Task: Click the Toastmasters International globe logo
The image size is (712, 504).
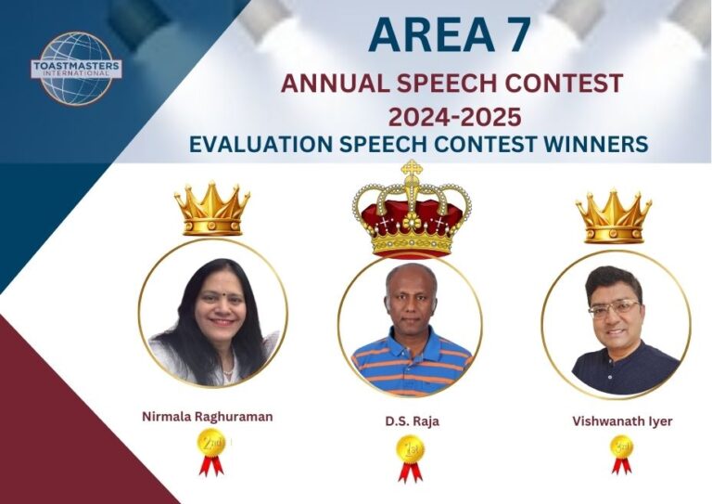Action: coord(76,68)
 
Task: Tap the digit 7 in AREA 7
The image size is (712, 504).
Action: coord(515,35)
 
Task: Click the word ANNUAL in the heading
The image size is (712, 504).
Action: coord(335,84)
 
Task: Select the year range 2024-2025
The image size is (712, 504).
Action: coord(454,117)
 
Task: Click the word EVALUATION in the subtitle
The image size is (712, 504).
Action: coord(261,144)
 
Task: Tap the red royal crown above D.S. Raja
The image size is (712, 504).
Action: coord(412,210)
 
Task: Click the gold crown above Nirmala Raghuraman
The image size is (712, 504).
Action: coord(212,208)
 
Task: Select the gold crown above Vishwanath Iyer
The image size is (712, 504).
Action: coord(614,216)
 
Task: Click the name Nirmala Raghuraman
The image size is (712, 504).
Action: coord(208,417)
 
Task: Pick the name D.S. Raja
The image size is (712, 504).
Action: coord(413,421)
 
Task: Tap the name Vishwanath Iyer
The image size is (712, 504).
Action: coord(622,421)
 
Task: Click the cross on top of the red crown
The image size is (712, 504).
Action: coord(412,168)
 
